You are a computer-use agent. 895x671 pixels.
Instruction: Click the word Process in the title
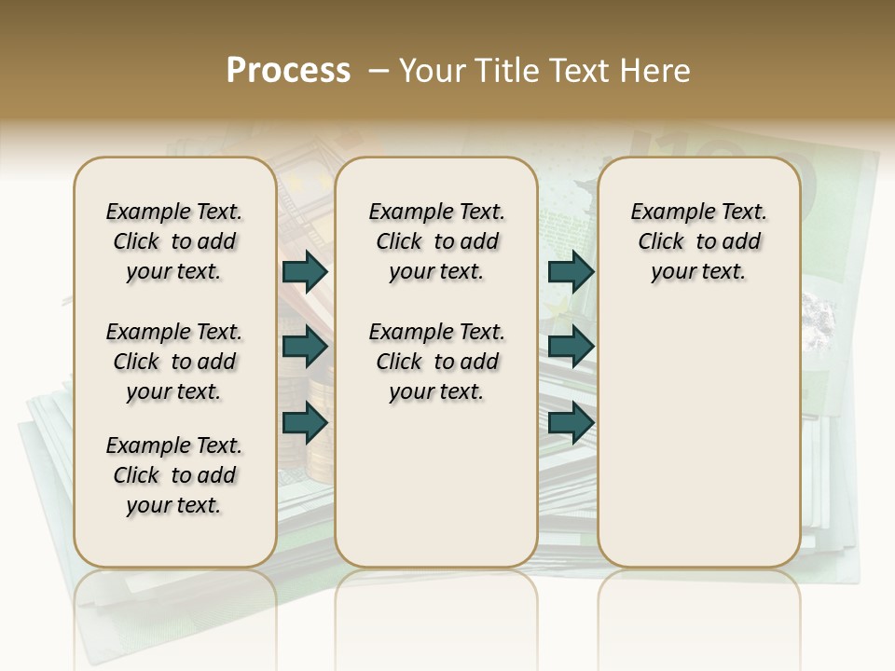(x=288, y=71)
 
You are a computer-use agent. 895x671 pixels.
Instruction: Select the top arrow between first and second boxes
(x=305, y=271)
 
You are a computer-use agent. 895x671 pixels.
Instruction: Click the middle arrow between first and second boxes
(x=305, y=347)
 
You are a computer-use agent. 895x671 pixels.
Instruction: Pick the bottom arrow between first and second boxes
(x=305, y=422)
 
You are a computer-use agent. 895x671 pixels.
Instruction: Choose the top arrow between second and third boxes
(x=571, y=271)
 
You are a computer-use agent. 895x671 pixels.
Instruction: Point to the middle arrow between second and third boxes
(x=571, y=347)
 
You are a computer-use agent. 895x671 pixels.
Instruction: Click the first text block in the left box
(x=174, y=241)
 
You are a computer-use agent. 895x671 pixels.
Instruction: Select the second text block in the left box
(x=174, y=362)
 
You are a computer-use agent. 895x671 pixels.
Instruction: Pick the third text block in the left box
(x=174, y=475)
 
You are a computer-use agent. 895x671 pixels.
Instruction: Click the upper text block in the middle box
(x=436, y=241)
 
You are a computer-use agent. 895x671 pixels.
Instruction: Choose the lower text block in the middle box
(x=436, y=362)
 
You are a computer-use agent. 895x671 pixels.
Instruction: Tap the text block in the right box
(x=698, y=241)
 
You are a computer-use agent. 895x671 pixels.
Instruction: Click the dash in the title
(x=378, y=71)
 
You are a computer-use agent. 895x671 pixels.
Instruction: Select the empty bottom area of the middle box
(x=436, y=494)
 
